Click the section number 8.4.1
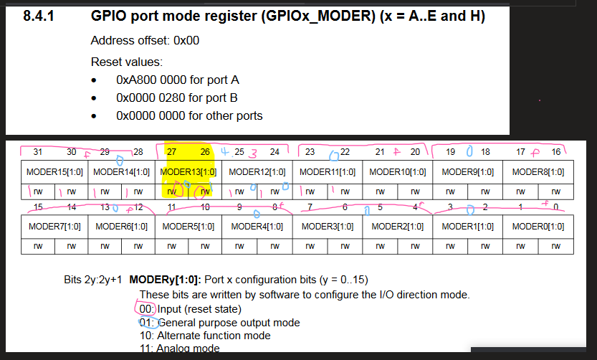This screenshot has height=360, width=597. (x=37, y=16)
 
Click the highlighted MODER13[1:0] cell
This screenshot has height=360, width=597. (x=188, y=172)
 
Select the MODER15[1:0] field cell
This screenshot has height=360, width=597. (x=52, y=172)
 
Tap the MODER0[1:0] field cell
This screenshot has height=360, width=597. (x=538, y=226)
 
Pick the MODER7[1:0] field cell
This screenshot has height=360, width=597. (x=52, y=226)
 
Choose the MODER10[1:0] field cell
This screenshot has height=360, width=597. (x=398, y=172)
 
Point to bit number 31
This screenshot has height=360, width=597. (x=38, y=151)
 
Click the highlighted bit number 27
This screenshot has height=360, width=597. (x=172, y=151)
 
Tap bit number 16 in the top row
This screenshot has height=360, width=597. (x=555, y=151)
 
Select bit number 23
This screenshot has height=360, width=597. (x=310, y=151)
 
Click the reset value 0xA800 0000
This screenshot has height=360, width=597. (x=148, y=80)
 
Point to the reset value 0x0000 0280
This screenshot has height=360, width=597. (x=148, y=98)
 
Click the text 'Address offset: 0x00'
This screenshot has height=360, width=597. (x=145, y=41)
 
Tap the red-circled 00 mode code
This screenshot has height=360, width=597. (x=146, y=309)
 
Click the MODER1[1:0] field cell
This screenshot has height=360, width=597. (x=468, y=226)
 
